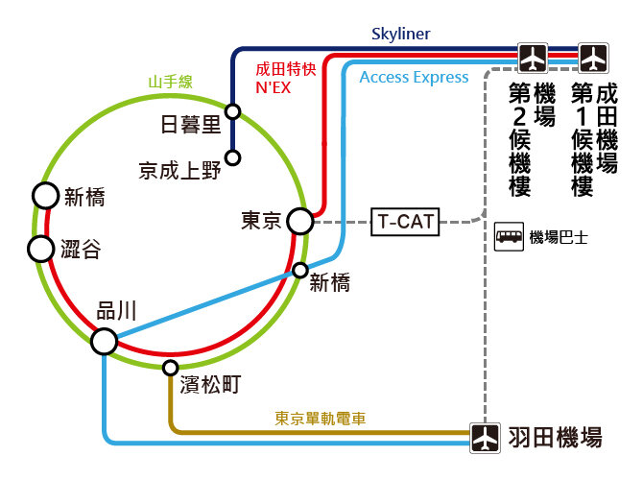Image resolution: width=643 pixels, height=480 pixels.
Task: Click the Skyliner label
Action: (x=401, y=35)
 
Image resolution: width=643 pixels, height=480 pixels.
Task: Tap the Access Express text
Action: (x=415, y=78)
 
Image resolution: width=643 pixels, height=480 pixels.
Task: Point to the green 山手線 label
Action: (x=170, y=83)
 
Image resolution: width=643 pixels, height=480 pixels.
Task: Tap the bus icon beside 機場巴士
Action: (x=509, y=237)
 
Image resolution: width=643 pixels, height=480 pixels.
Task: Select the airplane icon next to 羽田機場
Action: (x=487, y=438)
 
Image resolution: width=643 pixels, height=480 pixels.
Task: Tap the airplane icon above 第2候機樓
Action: (x=533, y=57)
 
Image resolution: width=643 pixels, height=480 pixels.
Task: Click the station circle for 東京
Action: (x=300, y=223)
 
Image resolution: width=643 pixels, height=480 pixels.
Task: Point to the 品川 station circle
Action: (x=104, y=341)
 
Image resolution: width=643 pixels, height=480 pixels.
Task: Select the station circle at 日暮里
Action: (x=232, y=110)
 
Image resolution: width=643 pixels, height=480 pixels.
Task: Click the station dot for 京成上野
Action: (x=232, y=156)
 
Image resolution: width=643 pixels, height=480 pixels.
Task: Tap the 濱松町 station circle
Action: (x=171, y=368)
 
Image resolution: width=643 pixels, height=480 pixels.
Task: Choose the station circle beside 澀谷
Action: (x=40, y=250)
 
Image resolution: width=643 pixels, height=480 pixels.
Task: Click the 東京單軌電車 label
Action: (x=321, y=418)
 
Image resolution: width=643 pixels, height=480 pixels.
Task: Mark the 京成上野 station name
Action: (x=179, y=171)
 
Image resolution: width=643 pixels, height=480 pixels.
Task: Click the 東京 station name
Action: (x=261, y=222)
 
